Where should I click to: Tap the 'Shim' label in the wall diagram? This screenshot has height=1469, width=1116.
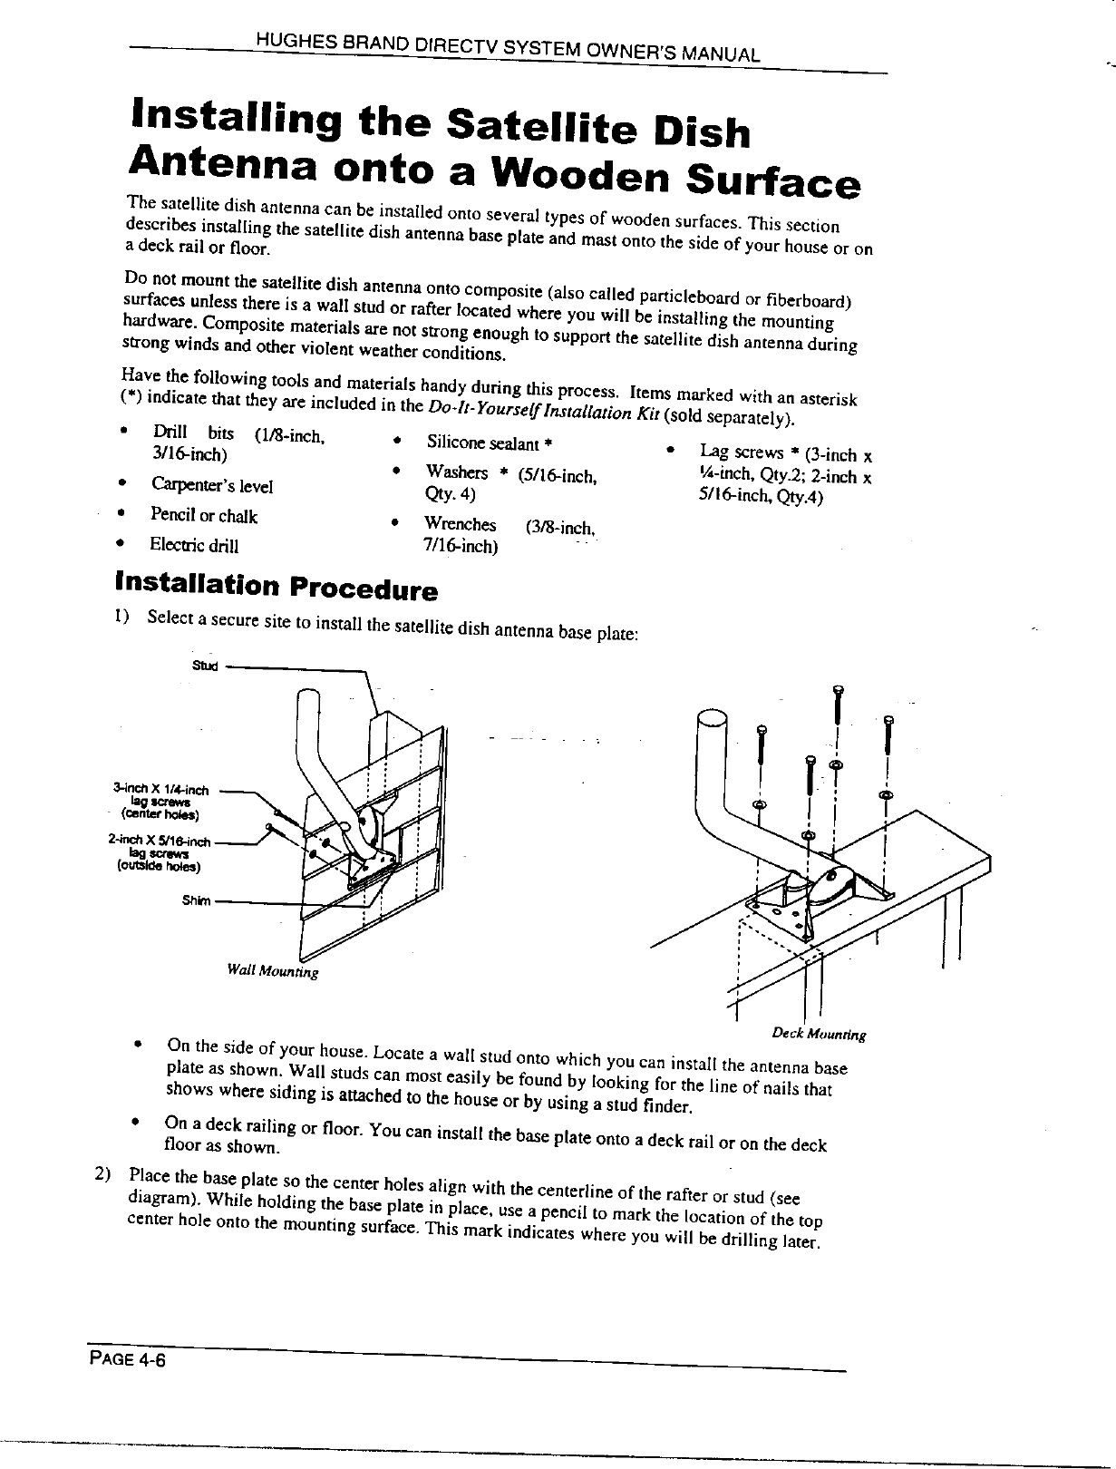pyautogui.click(x=196, y=900)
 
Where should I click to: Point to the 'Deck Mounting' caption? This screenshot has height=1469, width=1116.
pyautogui.click(x=820, y=1033)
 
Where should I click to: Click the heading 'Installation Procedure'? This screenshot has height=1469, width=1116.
pyautogui.click(x=276, y=586)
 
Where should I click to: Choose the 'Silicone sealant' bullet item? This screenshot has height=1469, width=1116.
pyautogui.click(x=490, y=443)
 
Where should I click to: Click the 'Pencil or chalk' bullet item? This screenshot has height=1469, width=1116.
pyautogui.click(x=204, y=516)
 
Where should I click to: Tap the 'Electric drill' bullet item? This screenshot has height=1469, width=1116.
pyautogui.click(x=194, y=545)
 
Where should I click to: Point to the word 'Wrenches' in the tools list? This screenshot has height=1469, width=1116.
pyautogui.click(x=461, y=525)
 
